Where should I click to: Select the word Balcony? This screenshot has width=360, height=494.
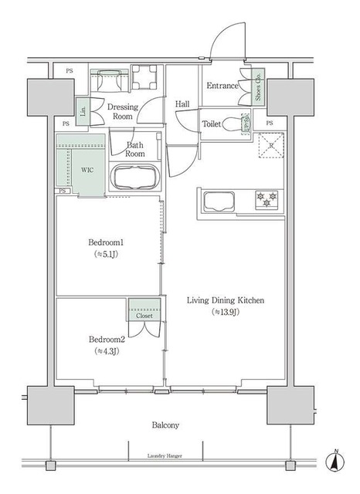[x=165, y=425]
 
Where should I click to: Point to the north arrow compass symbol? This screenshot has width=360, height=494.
[x=337, y=462]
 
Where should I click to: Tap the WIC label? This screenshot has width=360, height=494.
[x=87, y=171]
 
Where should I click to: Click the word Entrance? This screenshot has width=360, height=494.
[x=222, y=86]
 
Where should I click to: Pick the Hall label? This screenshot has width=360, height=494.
[x=182, y=103]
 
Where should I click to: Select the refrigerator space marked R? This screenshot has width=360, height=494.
[x=271, y=145]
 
